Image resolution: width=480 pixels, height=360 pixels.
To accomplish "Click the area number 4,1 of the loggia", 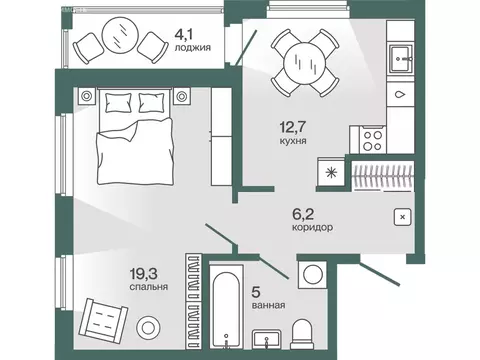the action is pyautogui.click(x=185, y=35).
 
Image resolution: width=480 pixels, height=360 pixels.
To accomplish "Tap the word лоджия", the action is pyautogui.click(x=193, y=48).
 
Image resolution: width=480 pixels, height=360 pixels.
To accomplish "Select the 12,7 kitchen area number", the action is pyautogui.click(x=293, y=127).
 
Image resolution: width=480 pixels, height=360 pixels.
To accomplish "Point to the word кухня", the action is pyautogui.click(x=293, y=141).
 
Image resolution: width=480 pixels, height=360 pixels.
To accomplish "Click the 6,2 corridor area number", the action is pyautogui.click(x=303, y=214).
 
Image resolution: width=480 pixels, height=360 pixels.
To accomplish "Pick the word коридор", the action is pyautogui.click(x=312, y=227).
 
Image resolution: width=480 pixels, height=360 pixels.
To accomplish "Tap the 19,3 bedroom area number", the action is pyautogui.click(x=144, y=274).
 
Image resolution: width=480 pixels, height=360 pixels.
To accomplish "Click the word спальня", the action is pyautogui.click(x=149, y=287).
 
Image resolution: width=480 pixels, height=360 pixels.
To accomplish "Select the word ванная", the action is pyautogui.click(x=269, y=305).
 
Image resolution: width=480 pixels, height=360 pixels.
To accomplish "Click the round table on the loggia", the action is pyautogui.click(x=120, y=34).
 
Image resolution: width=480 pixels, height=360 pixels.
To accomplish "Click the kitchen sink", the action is pyautogui.click(x=401, y=59).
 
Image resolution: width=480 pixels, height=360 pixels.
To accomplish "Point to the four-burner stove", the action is pyautogui.click(x=373, y=140).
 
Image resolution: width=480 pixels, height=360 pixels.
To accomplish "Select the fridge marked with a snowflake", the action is pyautogui.click(x=331, y=172).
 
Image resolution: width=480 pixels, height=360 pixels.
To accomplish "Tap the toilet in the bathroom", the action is pyautogui.click(x=302, y=334).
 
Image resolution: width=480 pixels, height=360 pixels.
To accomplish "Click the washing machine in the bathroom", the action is pyautogui.click(x=312, y=274).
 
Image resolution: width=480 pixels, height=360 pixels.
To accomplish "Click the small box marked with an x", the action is pyautogui.click(x=402, y=217).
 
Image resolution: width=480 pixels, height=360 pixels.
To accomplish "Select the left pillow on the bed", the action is pyautogui.click(x=118, y=102).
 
